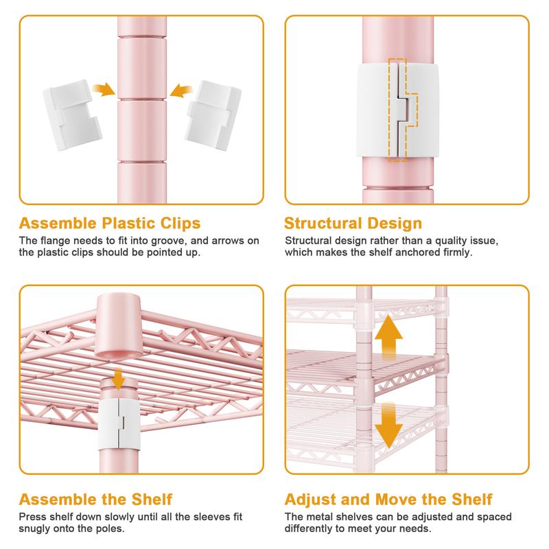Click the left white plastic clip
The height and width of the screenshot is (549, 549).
[x=73, y=115]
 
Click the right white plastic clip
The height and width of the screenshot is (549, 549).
[x=213, y=115]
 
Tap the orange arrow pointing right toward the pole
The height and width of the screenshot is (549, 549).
[x=104, y=90]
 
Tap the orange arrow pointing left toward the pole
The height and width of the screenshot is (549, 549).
[x=181, y=91]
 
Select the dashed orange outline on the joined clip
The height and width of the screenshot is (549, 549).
[x=403, y=110]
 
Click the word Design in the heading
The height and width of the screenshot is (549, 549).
[x=395, y=224]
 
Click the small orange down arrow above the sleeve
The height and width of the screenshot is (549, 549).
[x=119, y=379]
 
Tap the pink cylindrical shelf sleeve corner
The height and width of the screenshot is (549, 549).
[x=119, y=325]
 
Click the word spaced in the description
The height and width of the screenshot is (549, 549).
[x=493, y=517]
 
